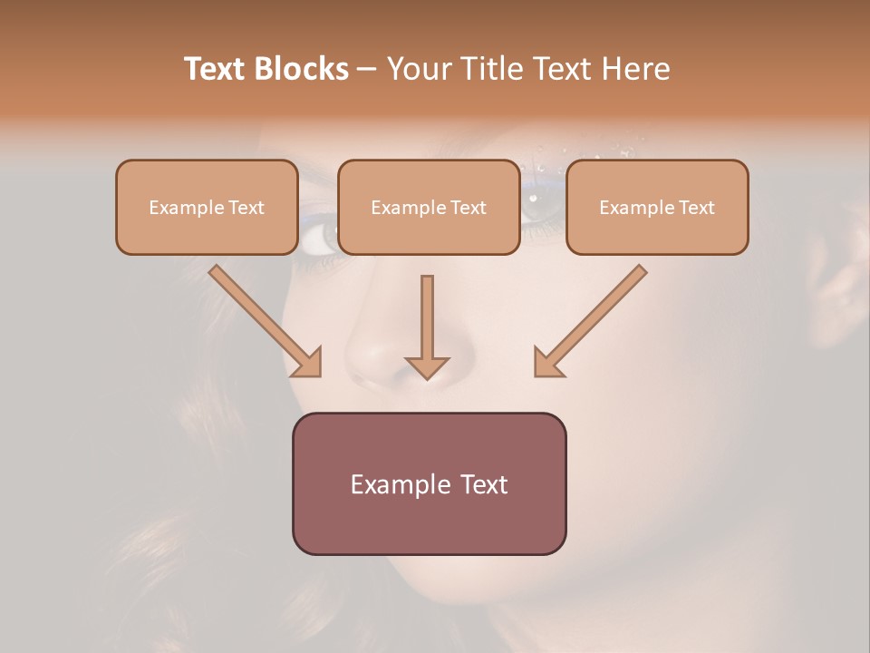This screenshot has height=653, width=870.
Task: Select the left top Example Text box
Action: pos(207,208)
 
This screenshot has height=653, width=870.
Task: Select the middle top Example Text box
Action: pos(429,208)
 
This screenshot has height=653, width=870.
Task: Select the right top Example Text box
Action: pos(657,208)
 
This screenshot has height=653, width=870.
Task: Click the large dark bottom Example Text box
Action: pos(429,484)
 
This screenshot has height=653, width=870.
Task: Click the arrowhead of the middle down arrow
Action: pos(427,367)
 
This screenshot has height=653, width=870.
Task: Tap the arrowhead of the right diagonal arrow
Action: pos(549,362)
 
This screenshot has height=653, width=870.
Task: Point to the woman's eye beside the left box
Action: pos(316,238)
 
